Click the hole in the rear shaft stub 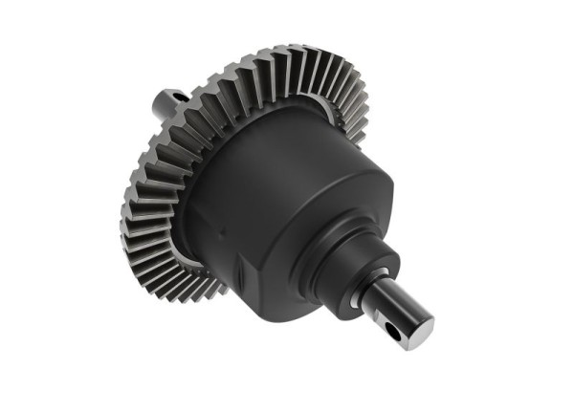point(179,96)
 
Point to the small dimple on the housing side point(222,230)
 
